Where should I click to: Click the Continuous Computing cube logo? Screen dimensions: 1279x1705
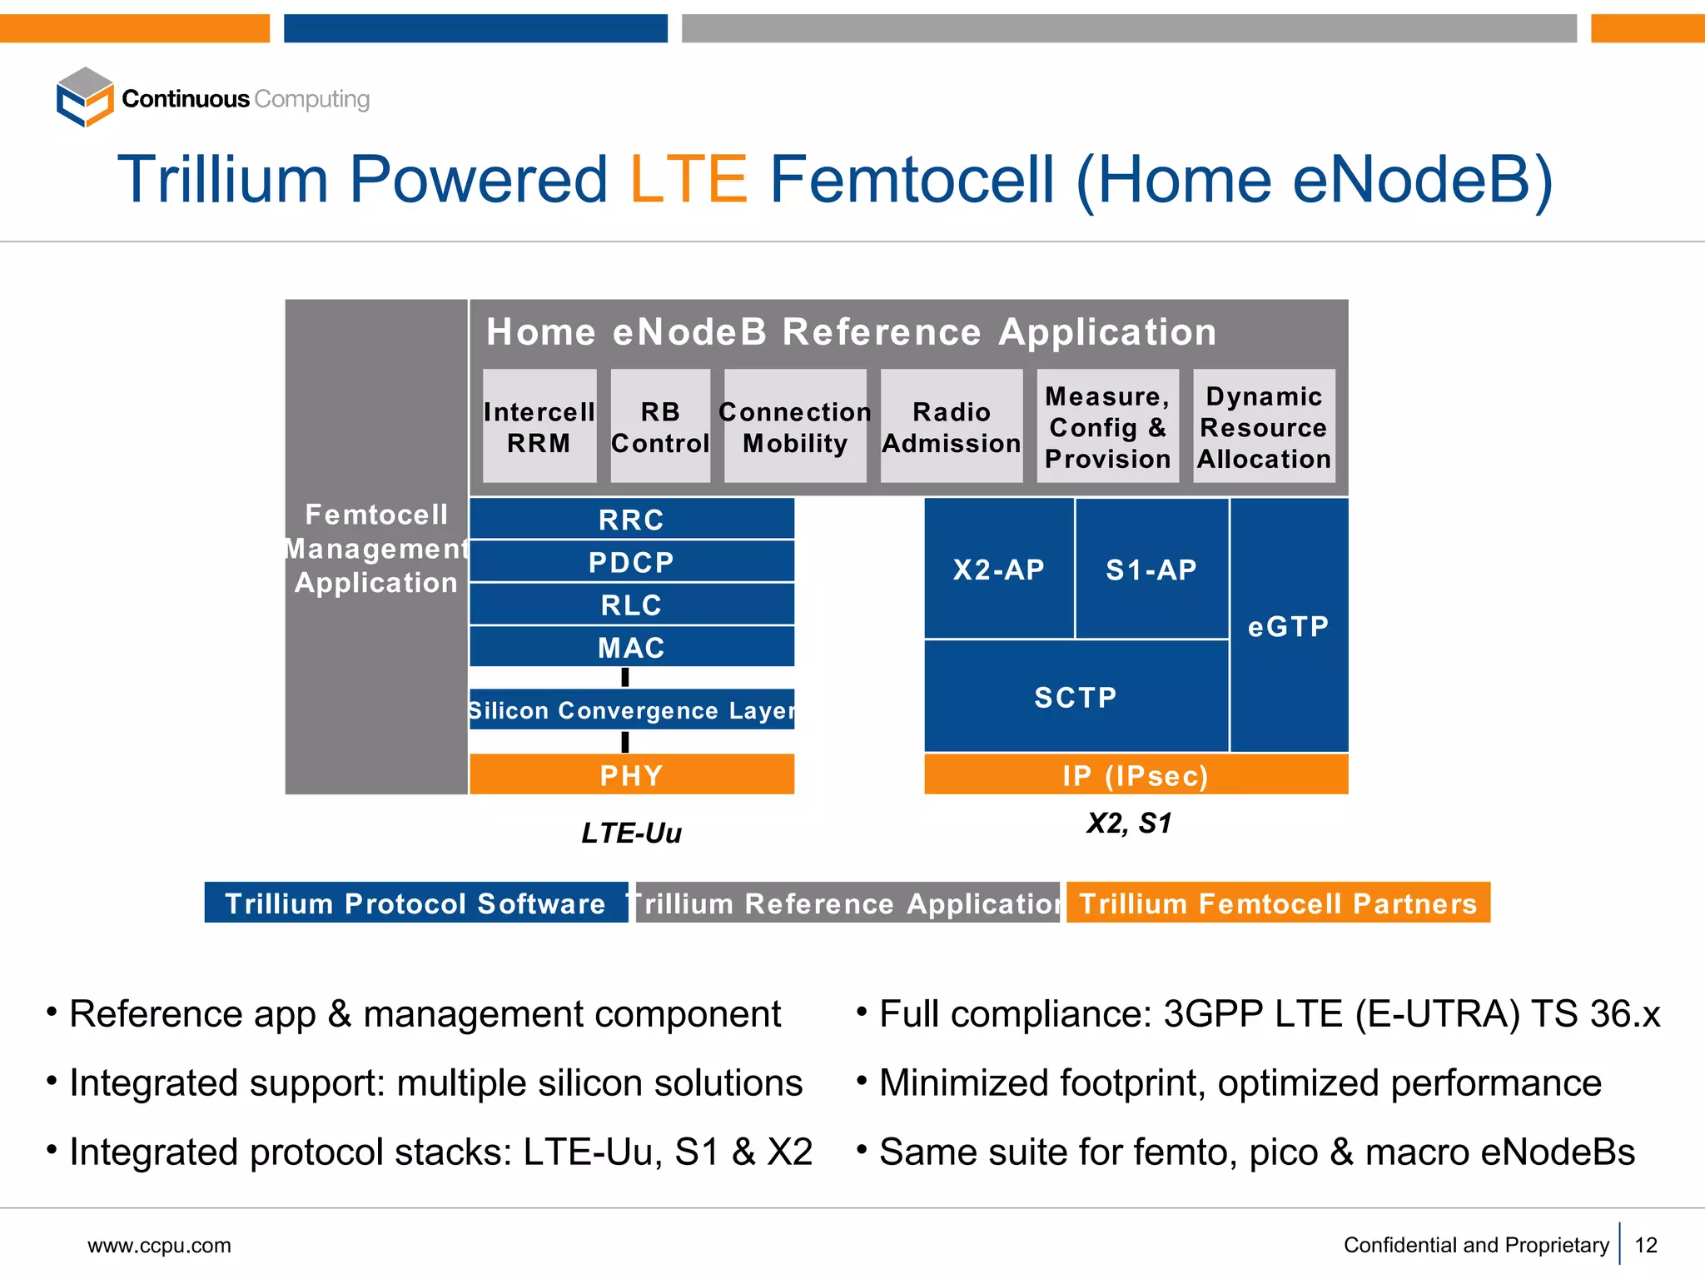click(84, 97)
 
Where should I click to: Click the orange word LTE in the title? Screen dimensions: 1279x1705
click(688, 180)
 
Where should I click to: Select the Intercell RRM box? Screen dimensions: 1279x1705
click(539, 426)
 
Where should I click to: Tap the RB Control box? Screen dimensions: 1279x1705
click(660, 426)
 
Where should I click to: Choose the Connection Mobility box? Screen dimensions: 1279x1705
click(795, 426)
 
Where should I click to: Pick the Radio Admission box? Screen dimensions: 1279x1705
click(952, 426)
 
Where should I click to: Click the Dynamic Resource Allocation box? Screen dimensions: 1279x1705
click(1264, 426)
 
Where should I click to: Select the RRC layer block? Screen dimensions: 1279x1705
click(631, 520)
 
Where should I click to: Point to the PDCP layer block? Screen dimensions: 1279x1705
click(631, 562)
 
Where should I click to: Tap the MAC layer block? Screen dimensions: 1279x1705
click(631, 647)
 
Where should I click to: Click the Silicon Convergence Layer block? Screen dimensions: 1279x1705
click(631, 709)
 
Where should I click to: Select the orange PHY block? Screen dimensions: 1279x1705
click(631, 775)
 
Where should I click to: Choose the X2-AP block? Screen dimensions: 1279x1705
click(998, 570)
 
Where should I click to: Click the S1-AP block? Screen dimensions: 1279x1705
click(1151, 570)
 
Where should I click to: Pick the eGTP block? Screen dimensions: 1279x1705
click(1289, 626)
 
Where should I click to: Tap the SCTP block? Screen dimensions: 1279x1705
click(1076, 697)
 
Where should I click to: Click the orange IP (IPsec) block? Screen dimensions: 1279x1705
click(1136, 775)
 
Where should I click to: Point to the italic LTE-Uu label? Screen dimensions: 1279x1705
click(631, 833)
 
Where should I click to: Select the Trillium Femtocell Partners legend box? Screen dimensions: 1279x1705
click(1278, 903)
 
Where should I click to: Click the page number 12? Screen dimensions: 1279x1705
click(1646, 1245)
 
